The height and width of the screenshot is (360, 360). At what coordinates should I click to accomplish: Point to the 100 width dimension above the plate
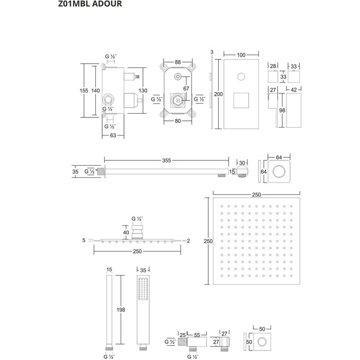(241, 55)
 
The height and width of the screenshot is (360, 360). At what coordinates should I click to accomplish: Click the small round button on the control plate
(241, 74)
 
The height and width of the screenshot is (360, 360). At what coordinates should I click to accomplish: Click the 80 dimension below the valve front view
(177, 120)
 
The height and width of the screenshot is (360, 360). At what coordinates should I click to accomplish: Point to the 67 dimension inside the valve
(186, 88)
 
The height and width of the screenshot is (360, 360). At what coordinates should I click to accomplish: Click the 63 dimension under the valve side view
(113, 136)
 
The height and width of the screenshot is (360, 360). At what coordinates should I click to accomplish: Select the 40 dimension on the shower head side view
(126, 231)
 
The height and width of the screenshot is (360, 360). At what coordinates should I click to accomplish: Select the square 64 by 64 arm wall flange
(277, 172)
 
